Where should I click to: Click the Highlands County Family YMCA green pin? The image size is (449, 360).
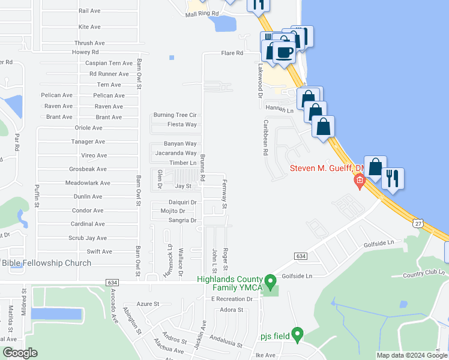coord(270,280)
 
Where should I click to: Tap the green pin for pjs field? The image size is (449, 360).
coord(297,334)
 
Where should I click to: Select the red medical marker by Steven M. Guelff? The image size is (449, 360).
coord(360,181)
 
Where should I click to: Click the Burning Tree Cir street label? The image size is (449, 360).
coord(175,115)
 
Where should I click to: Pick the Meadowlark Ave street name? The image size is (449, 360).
coord(88,183)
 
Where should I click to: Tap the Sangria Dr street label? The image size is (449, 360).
coord(182,220)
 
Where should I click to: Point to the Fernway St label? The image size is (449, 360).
coord(224,194)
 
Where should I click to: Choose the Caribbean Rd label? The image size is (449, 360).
coord(264,137)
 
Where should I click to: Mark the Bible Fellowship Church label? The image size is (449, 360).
coord(46,263)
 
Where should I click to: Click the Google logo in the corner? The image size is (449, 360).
coord(20,353)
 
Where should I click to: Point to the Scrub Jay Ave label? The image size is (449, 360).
coord(88,238)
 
